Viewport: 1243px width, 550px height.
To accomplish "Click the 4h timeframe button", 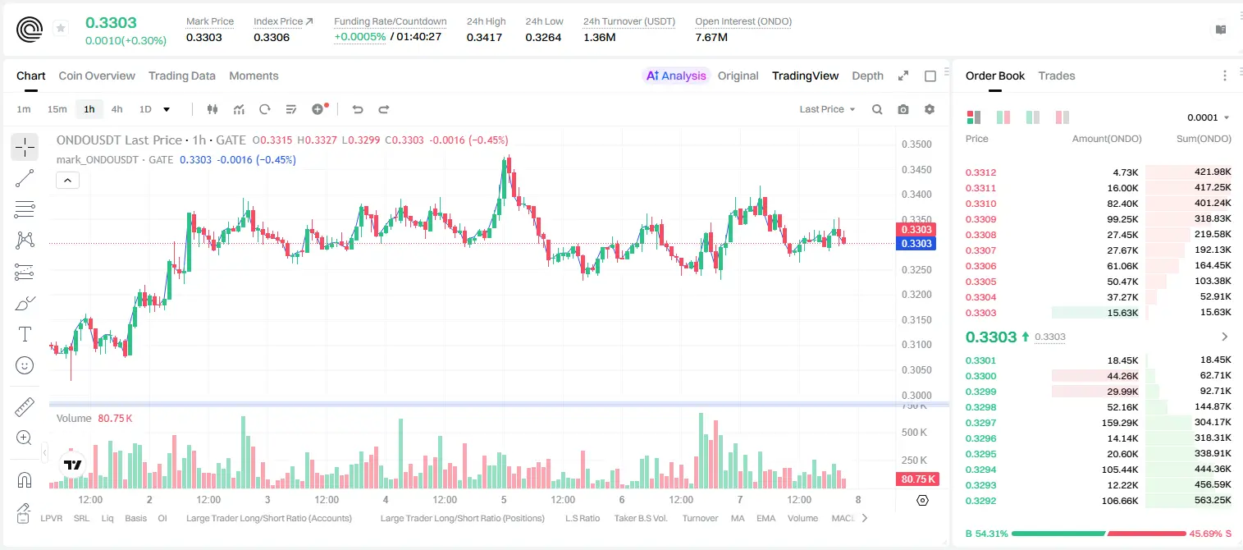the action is (117, 109).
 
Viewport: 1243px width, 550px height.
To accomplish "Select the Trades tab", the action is (1057, 76).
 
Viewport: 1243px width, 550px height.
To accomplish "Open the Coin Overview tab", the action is (97, 76).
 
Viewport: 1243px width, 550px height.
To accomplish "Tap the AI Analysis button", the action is (676, 76).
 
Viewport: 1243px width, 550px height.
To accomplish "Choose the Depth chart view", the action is (867, 76).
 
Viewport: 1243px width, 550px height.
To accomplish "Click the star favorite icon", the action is (61, 28).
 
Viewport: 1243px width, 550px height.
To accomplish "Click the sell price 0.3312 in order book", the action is (980, 172).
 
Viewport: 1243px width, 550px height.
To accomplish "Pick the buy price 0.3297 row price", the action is (980, 423).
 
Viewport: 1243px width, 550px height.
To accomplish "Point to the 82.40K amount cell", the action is (1122, 204).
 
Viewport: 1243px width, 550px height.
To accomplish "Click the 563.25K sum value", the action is (1213, 500).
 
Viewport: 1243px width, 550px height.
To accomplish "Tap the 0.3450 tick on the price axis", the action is (916, 169).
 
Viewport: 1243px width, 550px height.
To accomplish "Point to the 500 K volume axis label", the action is (914, 432).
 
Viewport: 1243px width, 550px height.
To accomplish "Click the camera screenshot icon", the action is (903, 109).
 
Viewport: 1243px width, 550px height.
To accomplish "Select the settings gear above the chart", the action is (930, 109).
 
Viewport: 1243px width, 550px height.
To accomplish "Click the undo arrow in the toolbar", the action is (358, 109).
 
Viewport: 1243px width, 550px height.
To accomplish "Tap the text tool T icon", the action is (25, 334).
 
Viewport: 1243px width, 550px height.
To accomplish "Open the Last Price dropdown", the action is (827, 109).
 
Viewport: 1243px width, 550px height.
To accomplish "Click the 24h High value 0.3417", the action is (484, 37).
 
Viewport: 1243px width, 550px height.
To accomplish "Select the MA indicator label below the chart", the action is (738, 518).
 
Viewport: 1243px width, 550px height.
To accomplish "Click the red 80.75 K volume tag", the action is (917, 479).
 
